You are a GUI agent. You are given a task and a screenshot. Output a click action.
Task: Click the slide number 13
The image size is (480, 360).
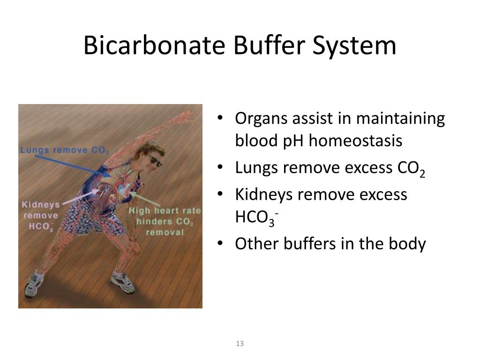240,344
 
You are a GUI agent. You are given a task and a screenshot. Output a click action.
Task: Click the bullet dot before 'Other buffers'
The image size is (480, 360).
220,244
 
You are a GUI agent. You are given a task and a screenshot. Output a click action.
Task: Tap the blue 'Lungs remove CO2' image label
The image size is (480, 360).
65,150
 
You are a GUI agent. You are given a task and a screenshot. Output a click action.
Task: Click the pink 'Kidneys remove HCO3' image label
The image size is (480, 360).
41,216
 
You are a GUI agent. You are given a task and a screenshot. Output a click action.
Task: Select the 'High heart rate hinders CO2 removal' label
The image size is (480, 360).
165,221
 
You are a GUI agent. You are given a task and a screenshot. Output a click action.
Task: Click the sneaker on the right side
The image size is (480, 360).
122,281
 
